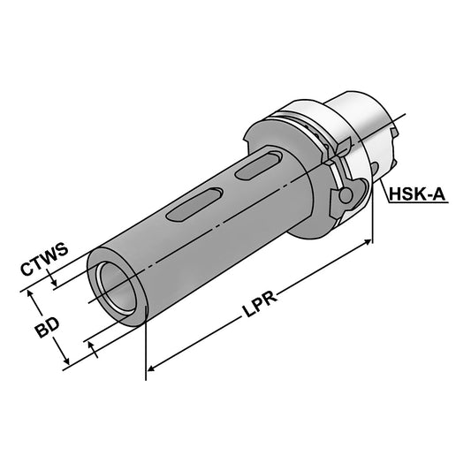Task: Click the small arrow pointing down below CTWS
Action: point(55,283)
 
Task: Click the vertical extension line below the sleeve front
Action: point(145,353)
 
